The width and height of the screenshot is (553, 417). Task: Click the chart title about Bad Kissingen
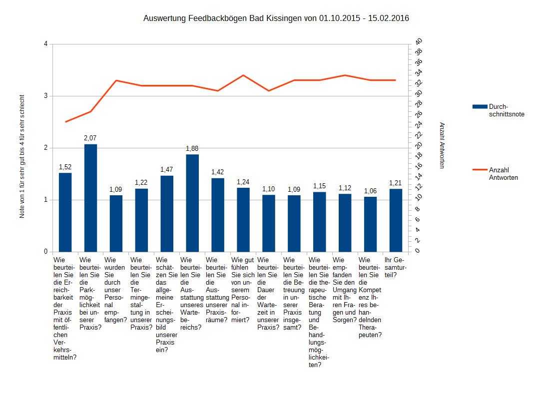click(x=276, y=18)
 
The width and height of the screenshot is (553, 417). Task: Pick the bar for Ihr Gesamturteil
click(x=396, y=220)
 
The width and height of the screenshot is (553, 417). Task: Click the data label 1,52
click(x=65, y=167)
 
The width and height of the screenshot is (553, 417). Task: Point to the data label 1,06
click(x=370, y=191)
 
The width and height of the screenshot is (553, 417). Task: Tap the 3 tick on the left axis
click(x=46, y=96)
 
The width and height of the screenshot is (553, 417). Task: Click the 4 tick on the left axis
click(x=46, y=44)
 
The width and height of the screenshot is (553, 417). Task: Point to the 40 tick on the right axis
click(x=419, y=41)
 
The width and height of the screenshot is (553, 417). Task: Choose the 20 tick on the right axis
click(x=419, y=145)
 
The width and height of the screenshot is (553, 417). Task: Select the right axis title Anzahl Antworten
click(x=442, y=145)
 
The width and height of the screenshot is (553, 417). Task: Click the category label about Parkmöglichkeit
click(x=90, y=293)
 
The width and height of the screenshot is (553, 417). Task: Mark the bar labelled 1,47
click(x=167, y=213)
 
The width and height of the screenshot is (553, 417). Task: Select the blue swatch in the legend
click(x=479, y=107)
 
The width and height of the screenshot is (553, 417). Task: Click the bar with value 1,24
click(x=243, y=219)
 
